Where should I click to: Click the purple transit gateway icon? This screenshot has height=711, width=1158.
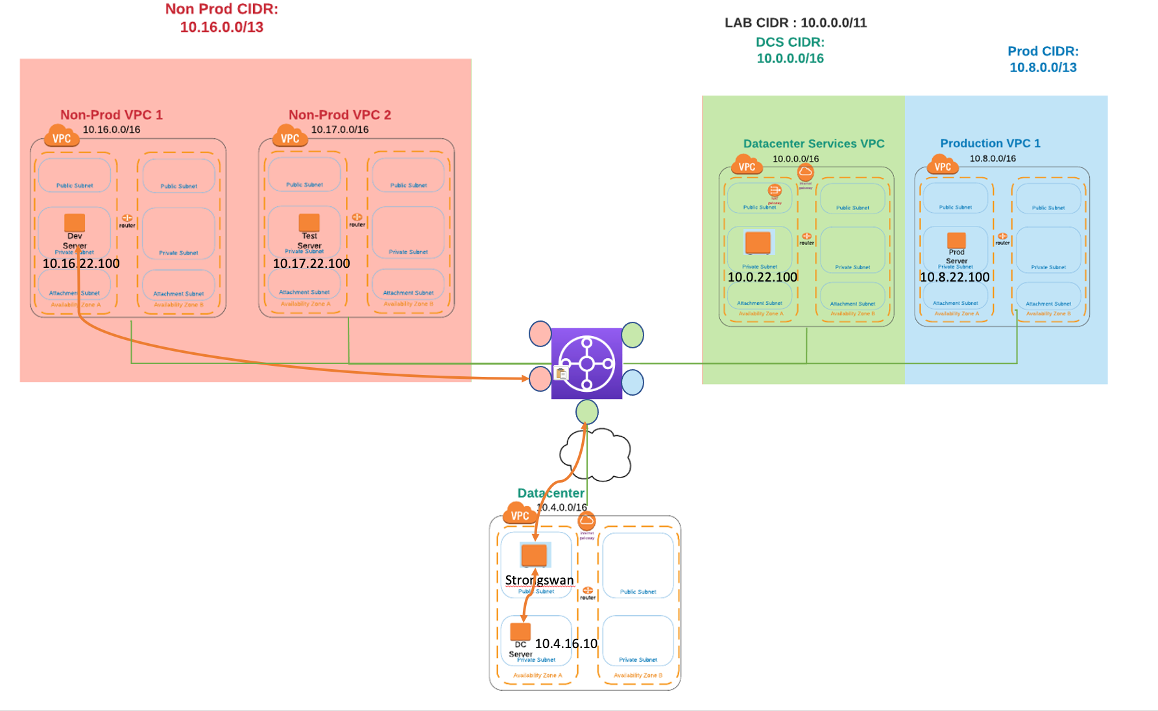(x=586, y=363)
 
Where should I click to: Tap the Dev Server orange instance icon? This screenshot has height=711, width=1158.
(x=75, y=223)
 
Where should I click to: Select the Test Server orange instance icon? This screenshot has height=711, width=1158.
(x=309, y=223)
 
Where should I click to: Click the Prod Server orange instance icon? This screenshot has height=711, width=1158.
(x=956, y=241)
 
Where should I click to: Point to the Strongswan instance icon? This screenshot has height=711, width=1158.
(x=535, y=555)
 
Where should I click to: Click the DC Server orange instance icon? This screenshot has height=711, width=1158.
(x=520, y=631)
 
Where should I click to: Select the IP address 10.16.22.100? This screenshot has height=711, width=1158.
(x=81, y=263)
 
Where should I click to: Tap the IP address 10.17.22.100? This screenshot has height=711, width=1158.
(x=311, y=263)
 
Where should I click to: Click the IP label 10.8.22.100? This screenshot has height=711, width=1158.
(x=955, y=277)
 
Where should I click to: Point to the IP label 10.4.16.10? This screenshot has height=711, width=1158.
(x=566, y=644)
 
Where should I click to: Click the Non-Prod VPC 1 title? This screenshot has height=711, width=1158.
(x=112, y=115)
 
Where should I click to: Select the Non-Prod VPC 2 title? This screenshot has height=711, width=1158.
(x=340, y=115)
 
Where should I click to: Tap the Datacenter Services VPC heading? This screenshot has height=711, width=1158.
(x=814, y=143)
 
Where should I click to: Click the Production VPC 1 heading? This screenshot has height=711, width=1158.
(x=990, y=143)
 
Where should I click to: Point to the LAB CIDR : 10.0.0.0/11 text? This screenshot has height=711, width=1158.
(x=795, y=23)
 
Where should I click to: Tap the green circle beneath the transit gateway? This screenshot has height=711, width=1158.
(x=587, y=412)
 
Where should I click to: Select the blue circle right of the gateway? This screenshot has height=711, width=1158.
(x=633, y=382)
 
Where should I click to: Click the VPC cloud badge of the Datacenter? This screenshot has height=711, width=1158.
(x=519, y=514)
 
